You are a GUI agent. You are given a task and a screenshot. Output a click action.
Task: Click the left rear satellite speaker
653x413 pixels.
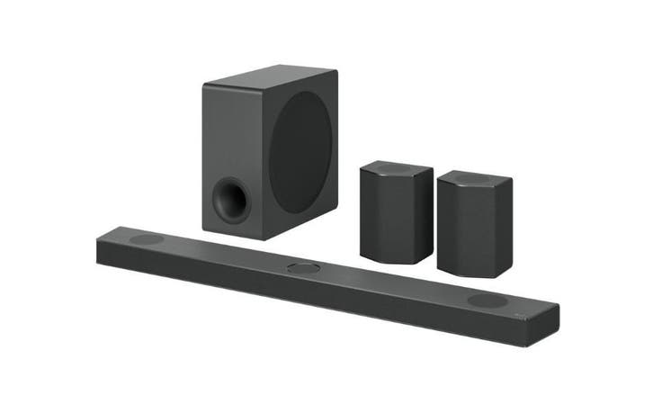[x=395, y=212]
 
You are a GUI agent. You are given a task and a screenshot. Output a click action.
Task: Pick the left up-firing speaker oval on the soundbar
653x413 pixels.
[x=146, y=240]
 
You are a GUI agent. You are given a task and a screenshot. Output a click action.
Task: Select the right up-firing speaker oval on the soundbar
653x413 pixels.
[x=487, y=301]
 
